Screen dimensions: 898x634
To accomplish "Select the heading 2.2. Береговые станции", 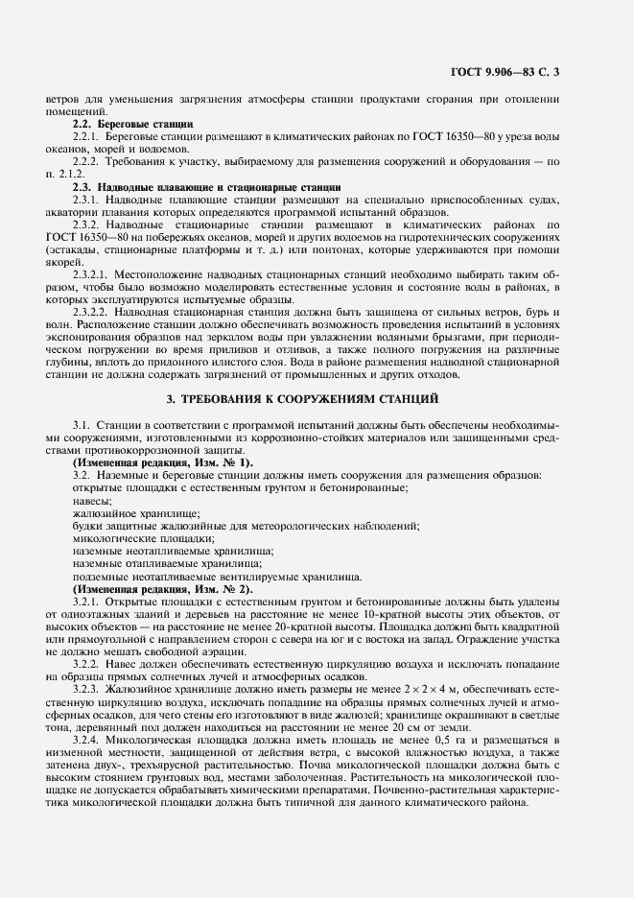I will (x=133, y=125).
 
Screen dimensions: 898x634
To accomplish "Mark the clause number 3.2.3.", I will (x=87, y=689).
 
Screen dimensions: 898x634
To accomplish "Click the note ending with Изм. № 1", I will (x=162, y=462).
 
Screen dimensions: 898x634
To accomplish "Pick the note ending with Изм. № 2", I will (x=162, y=589).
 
